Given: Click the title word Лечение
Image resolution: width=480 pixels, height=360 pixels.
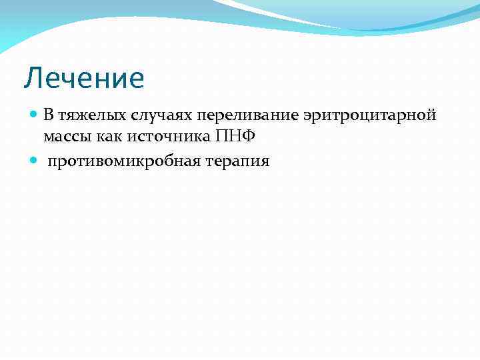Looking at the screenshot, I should [x=84, y=78].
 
